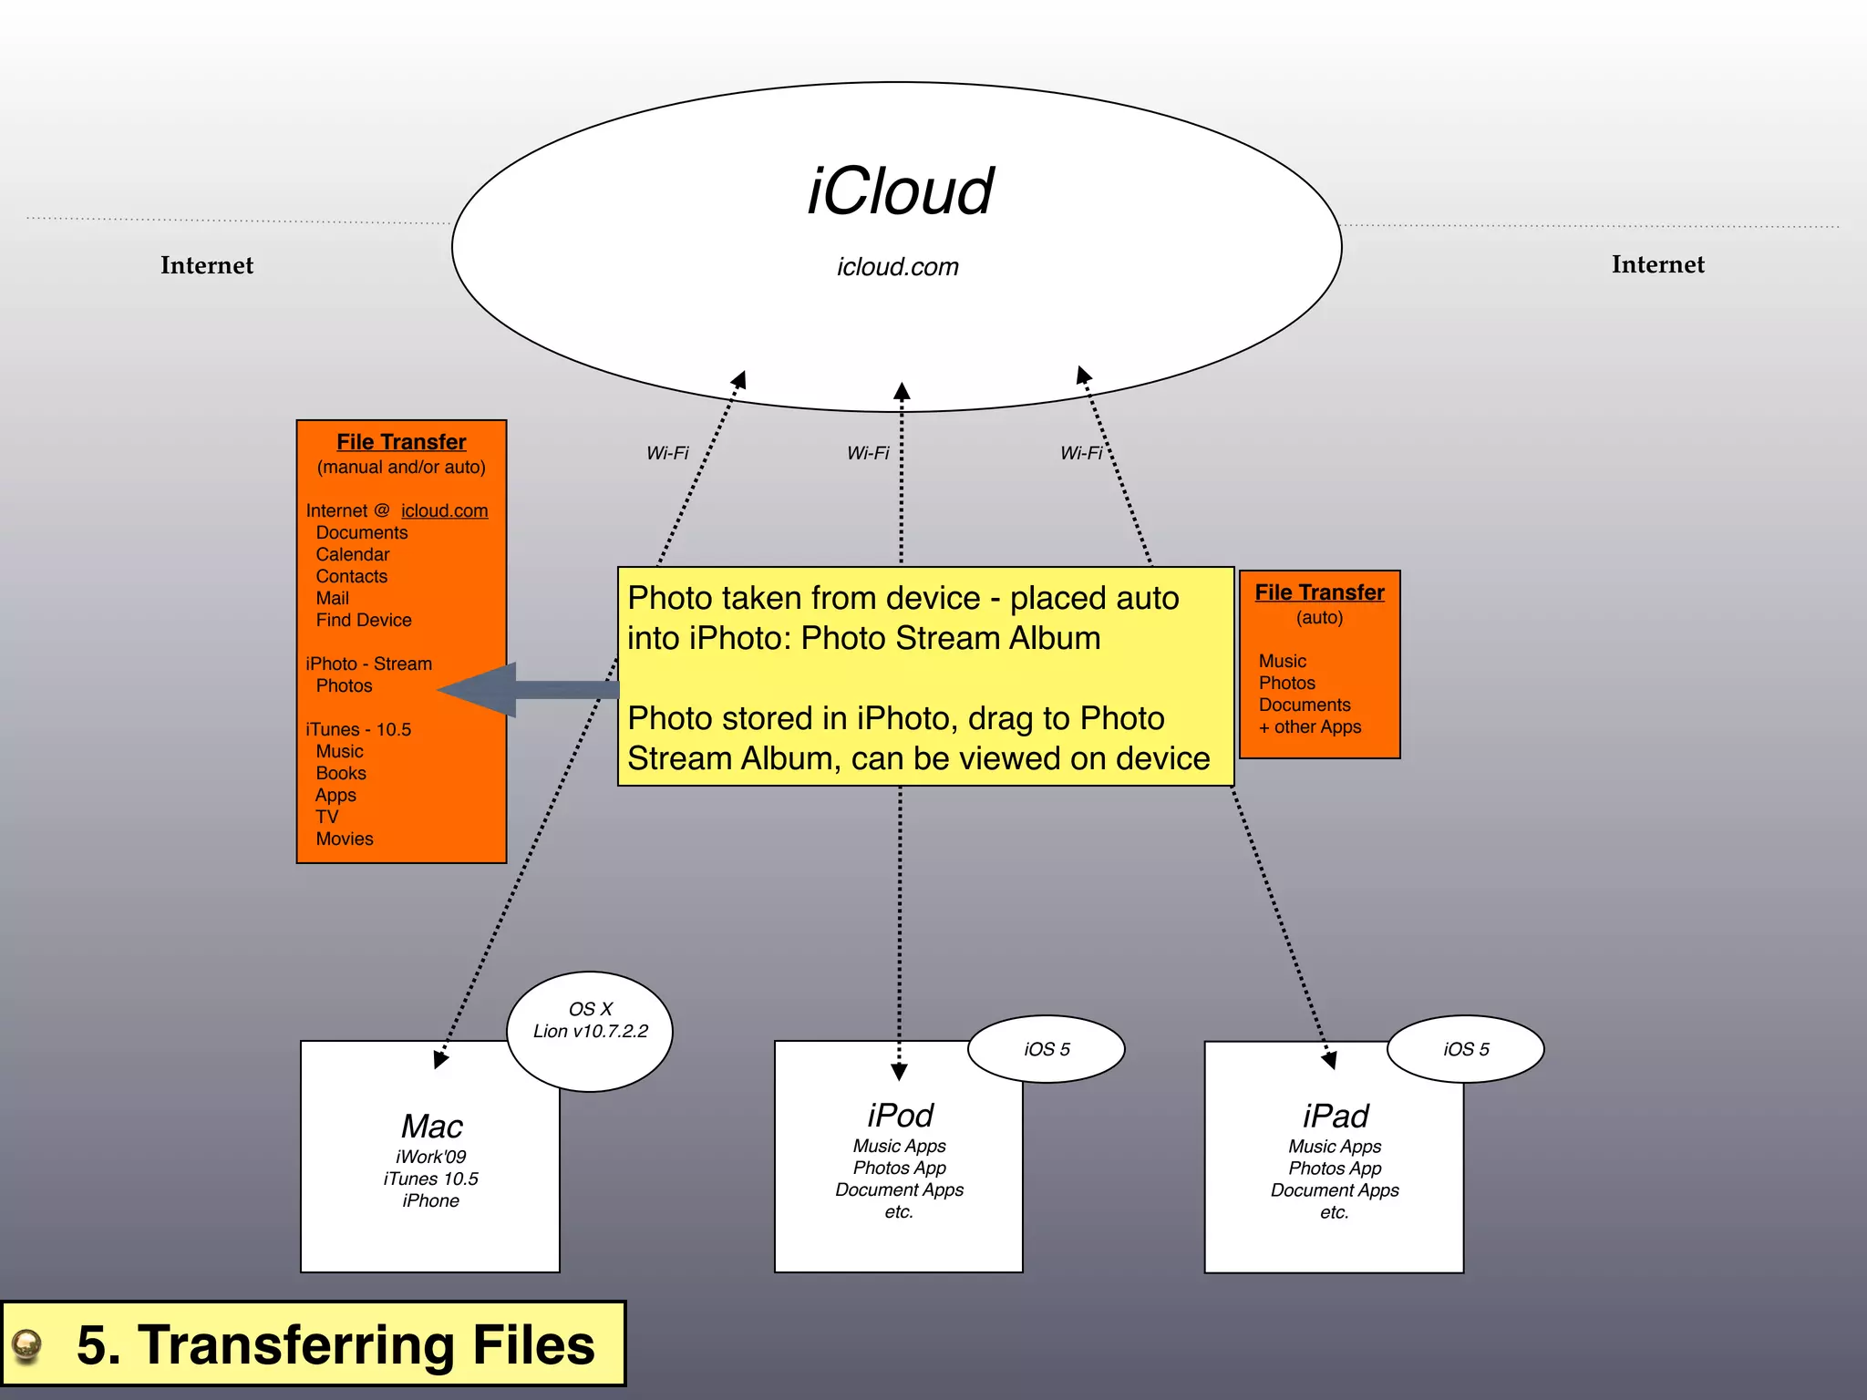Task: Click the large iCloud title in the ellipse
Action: (900, 191)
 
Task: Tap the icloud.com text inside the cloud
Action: (898, 267)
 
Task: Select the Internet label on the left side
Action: (207, 265)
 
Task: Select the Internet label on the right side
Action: (1657, 264)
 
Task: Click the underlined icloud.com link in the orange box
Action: (444, 510)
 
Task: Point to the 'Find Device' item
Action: (363, 620)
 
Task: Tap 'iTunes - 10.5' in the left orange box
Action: (358, 729)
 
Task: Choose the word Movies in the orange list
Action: (345, 839)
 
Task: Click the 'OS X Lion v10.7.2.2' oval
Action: (590, 1030)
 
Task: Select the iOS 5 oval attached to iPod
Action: (1047, 1049)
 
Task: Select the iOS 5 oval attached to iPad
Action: (1466, 1049)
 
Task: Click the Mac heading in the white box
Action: (432, 1127)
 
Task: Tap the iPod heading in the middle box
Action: (900, 1116)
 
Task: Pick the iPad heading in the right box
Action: (1336, 1116)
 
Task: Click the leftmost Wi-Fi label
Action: (667, 453)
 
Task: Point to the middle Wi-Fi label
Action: (868, 453)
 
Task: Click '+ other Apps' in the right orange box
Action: (1310, 726)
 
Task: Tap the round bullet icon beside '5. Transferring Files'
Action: (27, 1344)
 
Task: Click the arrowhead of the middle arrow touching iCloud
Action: (902, 392)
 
